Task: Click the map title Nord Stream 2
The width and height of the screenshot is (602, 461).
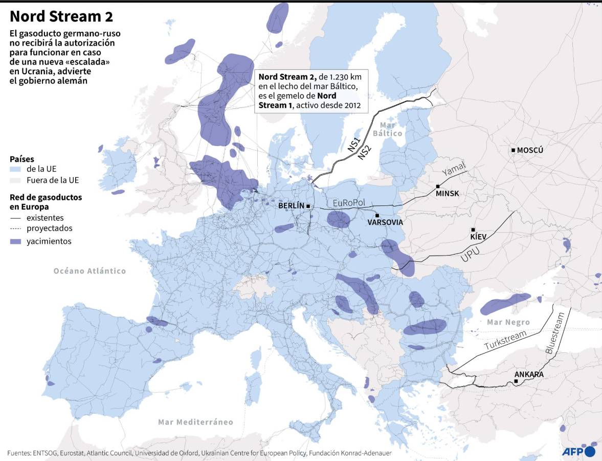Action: click(x=61, y=16)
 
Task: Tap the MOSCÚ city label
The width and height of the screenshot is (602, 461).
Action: click(x=530, y=151)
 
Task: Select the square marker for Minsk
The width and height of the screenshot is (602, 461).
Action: click(x=438, y=186)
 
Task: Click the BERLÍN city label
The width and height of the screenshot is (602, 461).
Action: click(x=291, y=206)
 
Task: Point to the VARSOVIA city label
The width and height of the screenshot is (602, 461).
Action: click(x=385, y=223)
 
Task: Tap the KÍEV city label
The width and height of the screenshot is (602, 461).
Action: click(x=478, y=237)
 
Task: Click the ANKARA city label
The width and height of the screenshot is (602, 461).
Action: click(x=529, y=374)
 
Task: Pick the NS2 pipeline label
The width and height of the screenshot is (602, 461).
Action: click(x=365, y=152)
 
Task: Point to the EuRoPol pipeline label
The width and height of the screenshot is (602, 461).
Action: click(x=349, y=203)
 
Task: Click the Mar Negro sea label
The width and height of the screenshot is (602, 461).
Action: click(x=508, y=322)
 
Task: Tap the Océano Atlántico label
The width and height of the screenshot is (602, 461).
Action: click(x=90, y=271)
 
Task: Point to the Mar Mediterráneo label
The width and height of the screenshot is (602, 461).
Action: click(x=195, y=422)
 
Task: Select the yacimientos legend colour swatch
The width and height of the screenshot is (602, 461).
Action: click(x=15, y=242)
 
